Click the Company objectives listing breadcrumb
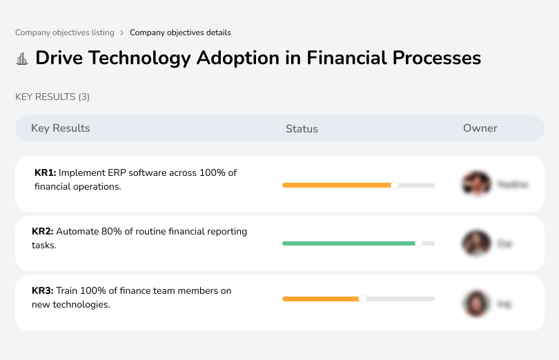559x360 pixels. click(x=65, y=32)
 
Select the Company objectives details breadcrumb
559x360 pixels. click(x=180, y=32)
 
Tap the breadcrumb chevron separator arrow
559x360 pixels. click(x=122, y=32)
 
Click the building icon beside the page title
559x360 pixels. click(x=22, y=59)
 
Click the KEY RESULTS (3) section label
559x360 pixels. click(x=52, y=97)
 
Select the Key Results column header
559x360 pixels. click(x=60, y=128)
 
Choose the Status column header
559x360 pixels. click(x=302, y=129)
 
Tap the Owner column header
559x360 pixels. click(x=480, y=128)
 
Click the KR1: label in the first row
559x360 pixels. click(x=45, y=172)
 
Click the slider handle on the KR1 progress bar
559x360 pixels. click(x=395, y=185)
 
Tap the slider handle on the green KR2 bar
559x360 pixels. click(x=418, y=243)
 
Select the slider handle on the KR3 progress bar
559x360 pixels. click(x=362, y=299)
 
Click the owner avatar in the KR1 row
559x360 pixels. click(x=476, y=184)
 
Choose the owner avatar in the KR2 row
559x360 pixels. click(x=476, y=243)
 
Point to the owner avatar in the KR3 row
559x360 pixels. click(x=476, y=303)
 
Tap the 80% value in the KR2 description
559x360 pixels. click(x=110, y=232)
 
